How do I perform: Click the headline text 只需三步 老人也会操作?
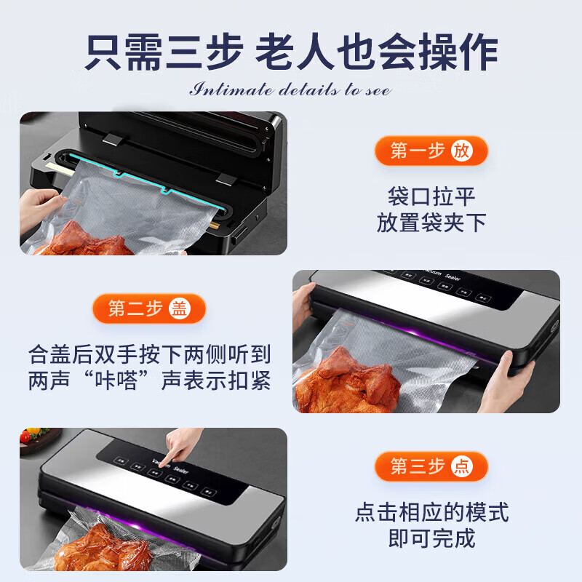tap(291, 52)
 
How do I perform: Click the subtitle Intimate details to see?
tap(291, 90)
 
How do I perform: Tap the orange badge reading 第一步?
tap(419, 151)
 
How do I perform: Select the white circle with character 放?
tap(461, 151)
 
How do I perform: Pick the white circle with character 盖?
tap(179, 308)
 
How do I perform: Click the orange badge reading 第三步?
tap(419, 466)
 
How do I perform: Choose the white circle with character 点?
tap(461, 466)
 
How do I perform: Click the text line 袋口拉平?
tap(431, 196)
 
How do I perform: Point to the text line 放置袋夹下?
tap(431, 223)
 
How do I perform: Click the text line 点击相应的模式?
tap(431, 512)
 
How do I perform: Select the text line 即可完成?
tap(431, 538)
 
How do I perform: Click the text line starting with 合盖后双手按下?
tap(150, 354)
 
